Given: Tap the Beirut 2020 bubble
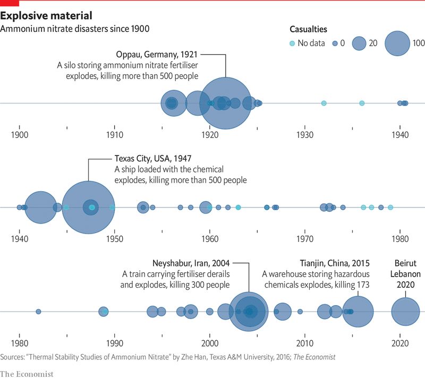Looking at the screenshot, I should (406, 312).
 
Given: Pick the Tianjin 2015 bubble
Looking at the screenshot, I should (358, 312).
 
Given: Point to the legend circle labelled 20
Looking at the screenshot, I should (360, 44).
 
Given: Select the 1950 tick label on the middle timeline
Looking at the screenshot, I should (114, 239).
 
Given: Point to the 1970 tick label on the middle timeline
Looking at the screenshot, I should (304, 239).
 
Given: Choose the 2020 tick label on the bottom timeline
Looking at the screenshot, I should (399, 343).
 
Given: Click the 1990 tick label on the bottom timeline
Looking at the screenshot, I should (114, 343).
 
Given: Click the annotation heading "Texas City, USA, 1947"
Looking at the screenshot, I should (153, 158).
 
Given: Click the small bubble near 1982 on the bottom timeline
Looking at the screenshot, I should (38, 312).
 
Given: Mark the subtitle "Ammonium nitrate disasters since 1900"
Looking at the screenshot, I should (74, 28).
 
